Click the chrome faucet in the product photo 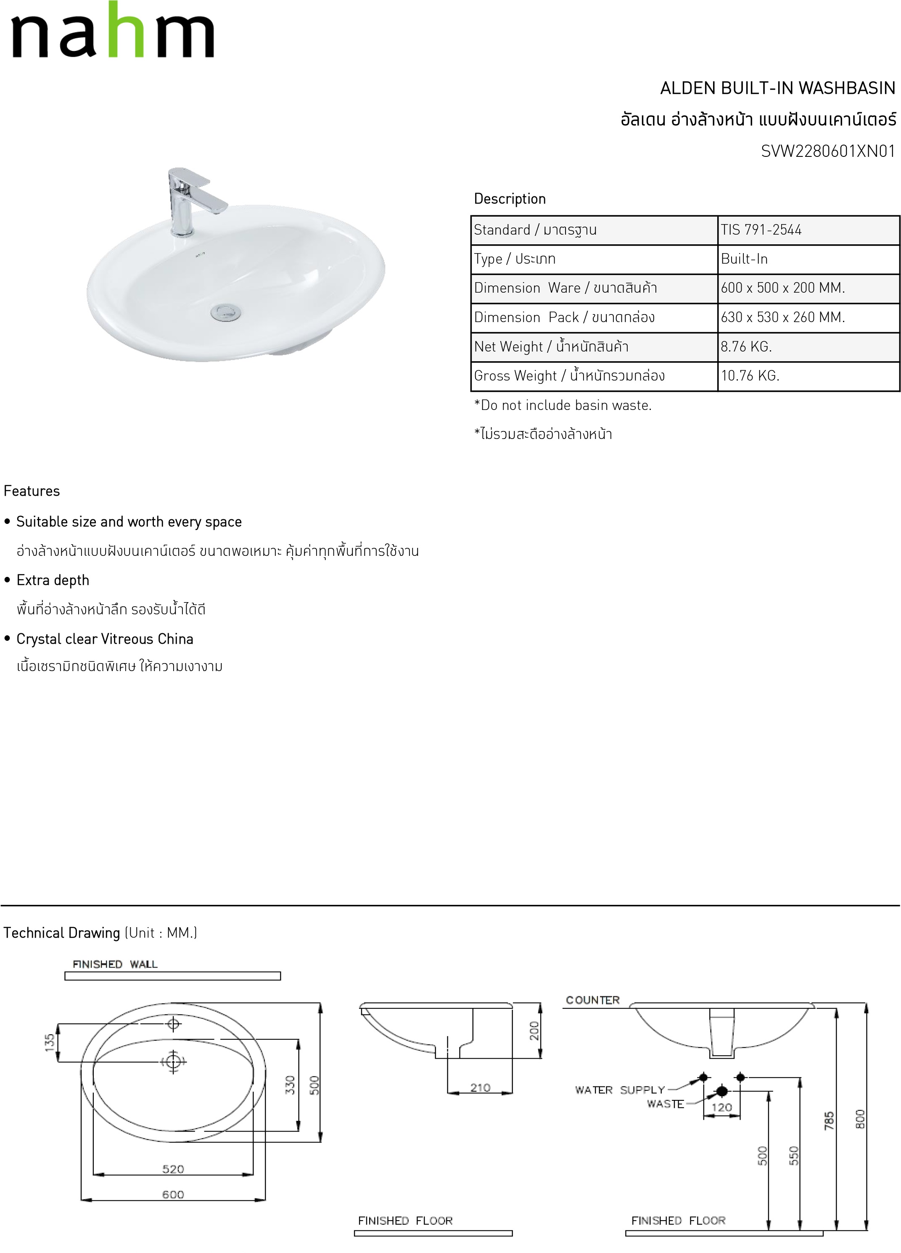185,202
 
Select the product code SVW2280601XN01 827,151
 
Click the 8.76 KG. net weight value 746,346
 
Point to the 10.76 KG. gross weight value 750,375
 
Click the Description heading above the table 509,199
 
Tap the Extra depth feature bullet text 53,580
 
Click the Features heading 32,491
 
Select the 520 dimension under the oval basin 173,1169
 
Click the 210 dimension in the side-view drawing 480,1087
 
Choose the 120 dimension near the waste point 721,1107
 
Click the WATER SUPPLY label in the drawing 619,1089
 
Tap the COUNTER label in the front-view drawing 592,1000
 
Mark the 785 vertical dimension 829,1121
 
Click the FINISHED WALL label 115,964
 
